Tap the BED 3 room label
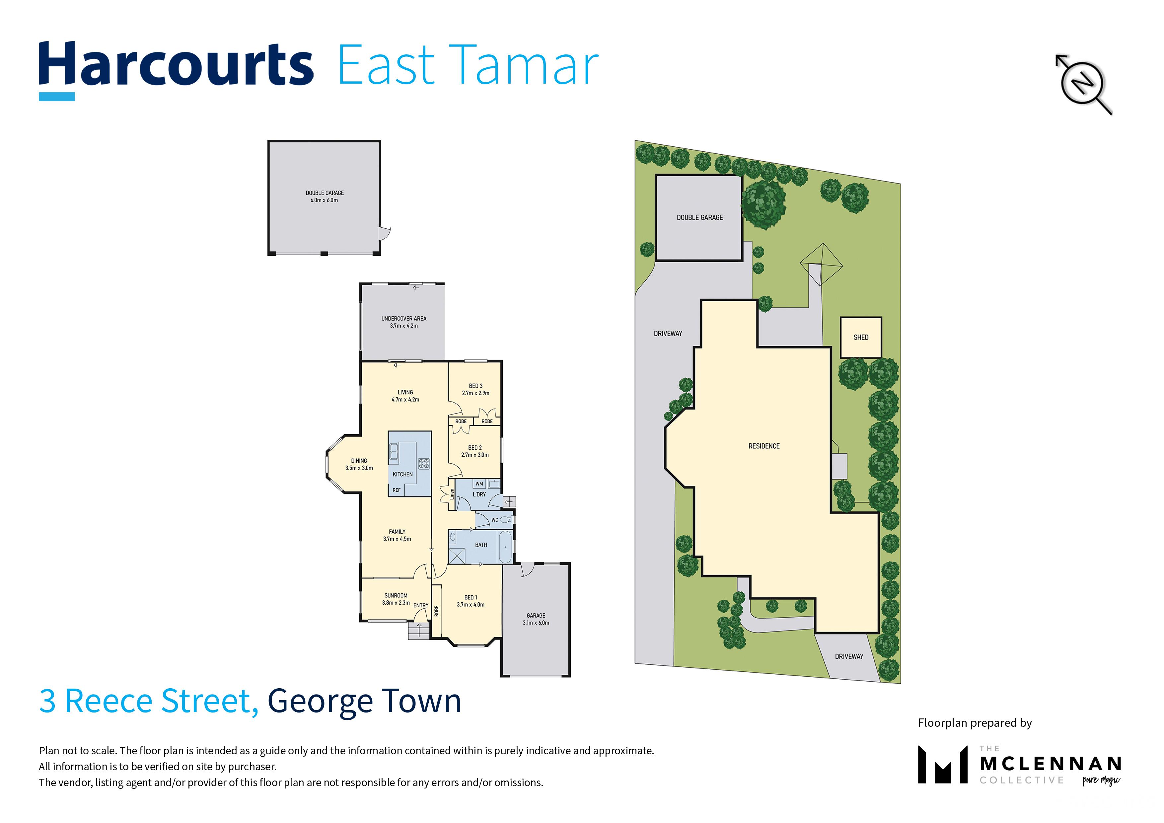475,386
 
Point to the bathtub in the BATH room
505,547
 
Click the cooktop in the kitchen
424,463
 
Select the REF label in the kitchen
397,490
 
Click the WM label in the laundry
479,484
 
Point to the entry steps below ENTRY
419,630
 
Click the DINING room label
359,461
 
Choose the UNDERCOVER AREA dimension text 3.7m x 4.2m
404,326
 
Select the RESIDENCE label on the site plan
764,446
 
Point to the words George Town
364,701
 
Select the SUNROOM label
396,596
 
